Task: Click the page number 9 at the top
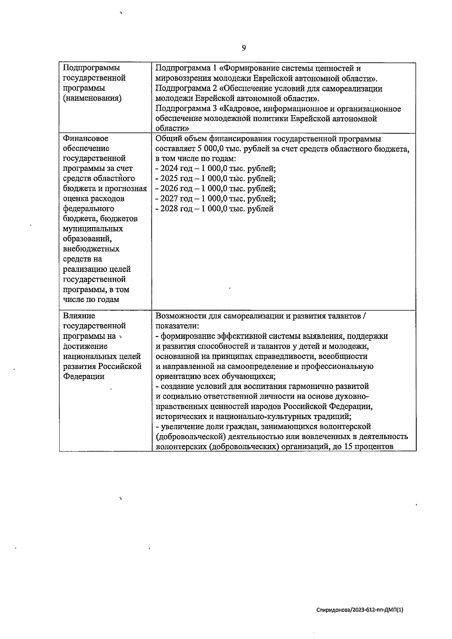[244, 48]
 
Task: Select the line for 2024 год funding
[215, 169]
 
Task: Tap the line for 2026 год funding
[215, 189]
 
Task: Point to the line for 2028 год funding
[215, 209]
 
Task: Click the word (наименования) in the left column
[92, 99]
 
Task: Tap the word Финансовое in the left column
[86, 139]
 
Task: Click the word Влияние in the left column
[79, 316]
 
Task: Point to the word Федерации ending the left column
[84, 377]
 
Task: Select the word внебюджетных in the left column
[91, 249]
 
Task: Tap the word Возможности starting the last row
[179, 316]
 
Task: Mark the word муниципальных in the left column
[93, 229]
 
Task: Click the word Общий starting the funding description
[167, 139]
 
